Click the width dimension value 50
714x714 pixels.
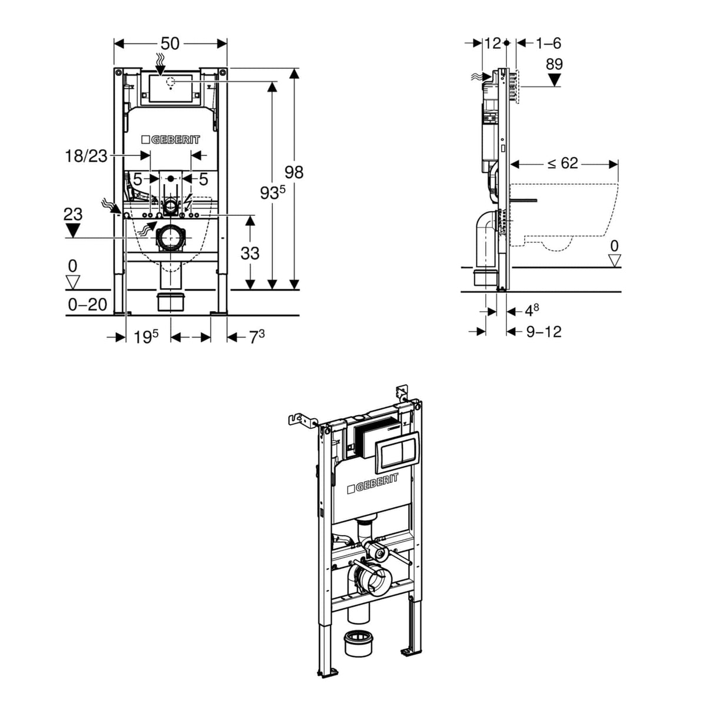[170, 44]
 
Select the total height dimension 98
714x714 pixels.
[293, 172]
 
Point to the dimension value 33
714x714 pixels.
[250, 253]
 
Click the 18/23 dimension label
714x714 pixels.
[86, 156]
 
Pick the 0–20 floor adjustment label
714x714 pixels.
[88, 304]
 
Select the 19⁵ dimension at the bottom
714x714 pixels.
[145, 337]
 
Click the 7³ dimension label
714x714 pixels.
[256, 337]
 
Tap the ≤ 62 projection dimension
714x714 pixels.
[562, 163]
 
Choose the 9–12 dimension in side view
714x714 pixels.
[543, 332]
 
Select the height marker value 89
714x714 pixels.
[554, 64]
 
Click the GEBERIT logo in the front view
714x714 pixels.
[171, 140]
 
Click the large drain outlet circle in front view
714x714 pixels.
[171, 238]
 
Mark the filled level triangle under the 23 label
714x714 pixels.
[72, 230]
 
